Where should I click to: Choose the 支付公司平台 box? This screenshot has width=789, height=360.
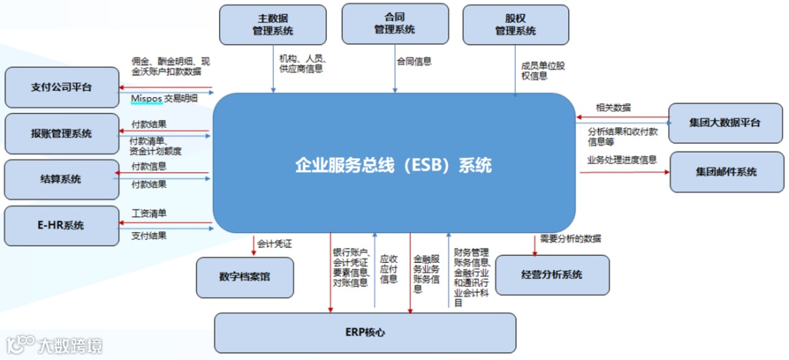tap(61, 88)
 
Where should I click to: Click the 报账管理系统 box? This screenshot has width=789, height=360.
tap(61, 134)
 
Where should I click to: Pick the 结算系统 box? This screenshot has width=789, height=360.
tap(61, 179)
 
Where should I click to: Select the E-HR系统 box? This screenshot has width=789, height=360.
tap(61, 225)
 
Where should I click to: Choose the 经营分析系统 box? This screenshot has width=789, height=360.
tap(552, 275)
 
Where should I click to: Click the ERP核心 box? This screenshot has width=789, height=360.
tap(365, 332)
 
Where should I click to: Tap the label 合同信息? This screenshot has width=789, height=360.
tap(414, 62)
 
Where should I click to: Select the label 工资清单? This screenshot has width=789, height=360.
tap(149, 214)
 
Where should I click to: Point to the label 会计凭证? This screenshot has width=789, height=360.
tap(275, 243)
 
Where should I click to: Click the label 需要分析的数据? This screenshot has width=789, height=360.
tap(571, 239)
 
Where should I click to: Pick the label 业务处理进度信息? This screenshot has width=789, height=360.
tap(622, 160)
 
